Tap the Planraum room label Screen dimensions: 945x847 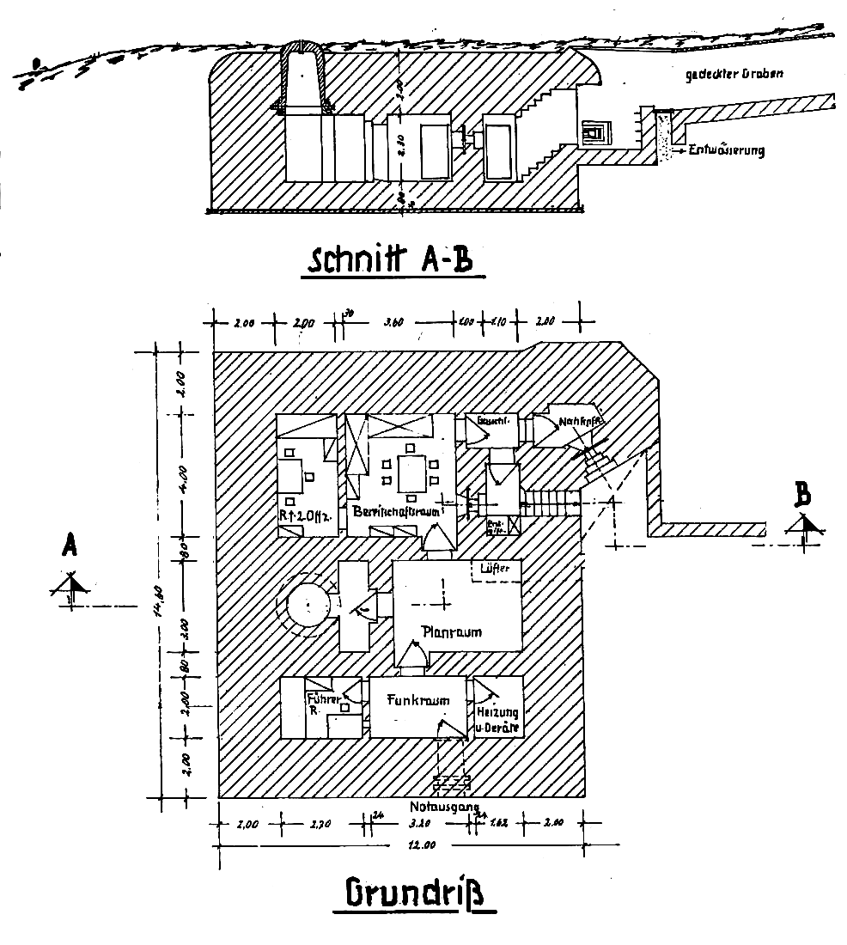coord(452,631)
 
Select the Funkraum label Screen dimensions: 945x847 coord(418,700)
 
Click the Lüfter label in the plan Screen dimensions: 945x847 coord(497,570)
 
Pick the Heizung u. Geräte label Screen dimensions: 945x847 coord(499,721)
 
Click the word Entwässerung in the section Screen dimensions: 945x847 coord(726,150)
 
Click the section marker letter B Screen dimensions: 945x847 coord(803,496)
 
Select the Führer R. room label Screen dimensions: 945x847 coord(318,704)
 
